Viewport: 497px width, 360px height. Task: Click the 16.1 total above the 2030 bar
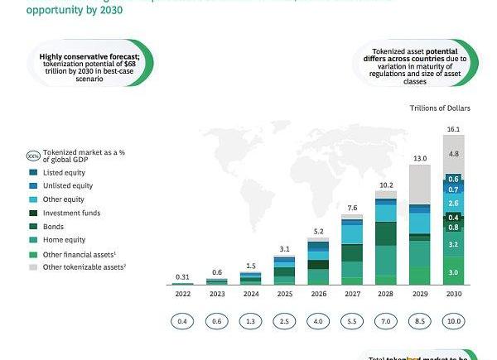pyautogui.click(x=453, y=130)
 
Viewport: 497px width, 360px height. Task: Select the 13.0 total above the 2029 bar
pyautogui.click(x=420, y=158)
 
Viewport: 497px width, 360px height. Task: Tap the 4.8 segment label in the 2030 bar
pyautogui.click(x=453, y=154)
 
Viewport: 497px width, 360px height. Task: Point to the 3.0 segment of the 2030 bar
pyautogui.click(x=453, y=272)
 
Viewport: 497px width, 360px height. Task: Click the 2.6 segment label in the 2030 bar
pyautogui.click(x=453, y=203)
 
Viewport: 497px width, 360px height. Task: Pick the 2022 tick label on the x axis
pyautogui.click(x=182, y=293)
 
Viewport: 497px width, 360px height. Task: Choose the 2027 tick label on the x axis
pyautogui.click(x=352, y=293)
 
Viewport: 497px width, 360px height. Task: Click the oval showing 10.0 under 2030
pyautogui.click(x=453, y=321)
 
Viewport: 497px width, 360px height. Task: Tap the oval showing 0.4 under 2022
pyautogui.click(x=182, y=321)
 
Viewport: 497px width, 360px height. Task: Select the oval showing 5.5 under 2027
pyautogui.click(x=352, y=321)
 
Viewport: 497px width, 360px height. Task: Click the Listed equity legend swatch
pyautogui.click(x=33, y=173)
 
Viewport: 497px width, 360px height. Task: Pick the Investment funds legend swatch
pyautogui.click(x=33, y=214)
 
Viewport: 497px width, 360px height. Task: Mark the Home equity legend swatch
pyautogui.click(x=33, y=240)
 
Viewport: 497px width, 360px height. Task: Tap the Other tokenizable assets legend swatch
pyautogui.click(x=33, y=267)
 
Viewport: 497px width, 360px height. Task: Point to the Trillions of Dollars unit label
pyautogui.click(x=440, y=108)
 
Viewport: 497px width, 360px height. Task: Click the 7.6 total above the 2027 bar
pyautogui.click(x=352, y=208)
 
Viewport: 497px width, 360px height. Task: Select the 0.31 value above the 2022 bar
pyautogui.click(x=182, y=276)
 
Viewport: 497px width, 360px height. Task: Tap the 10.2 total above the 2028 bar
pyautogui.click(x=386, y=185)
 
